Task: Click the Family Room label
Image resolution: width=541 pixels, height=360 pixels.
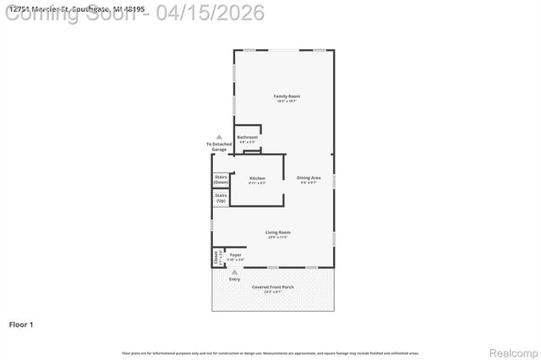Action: coord(287,96)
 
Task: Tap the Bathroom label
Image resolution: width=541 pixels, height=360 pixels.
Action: coord(248,137)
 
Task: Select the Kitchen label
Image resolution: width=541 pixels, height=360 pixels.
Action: coord(257,178)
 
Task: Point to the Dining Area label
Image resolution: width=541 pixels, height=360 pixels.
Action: coord(309,177)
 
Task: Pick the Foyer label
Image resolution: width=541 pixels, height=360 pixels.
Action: coord(236,254)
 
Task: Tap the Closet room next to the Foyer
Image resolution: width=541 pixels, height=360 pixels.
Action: coord(216,257)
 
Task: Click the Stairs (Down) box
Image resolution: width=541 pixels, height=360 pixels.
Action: coord(221,179)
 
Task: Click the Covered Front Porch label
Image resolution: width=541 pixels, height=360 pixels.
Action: coord(272,287)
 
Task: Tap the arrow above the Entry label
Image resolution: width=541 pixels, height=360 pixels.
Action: coord(235,272)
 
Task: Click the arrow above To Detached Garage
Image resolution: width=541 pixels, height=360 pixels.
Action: coord(219,136)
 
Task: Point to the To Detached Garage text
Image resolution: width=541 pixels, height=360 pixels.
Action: coord(219,147)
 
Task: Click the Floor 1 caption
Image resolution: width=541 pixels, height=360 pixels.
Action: coord(20,324)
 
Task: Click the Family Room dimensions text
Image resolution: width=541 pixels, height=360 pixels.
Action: coord(287,101)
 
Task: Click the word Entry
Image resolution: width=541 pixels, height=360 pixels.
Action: coord(235,279)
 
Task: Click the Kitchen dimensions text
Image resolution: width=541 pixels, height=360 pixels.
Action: coord(257,183)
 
